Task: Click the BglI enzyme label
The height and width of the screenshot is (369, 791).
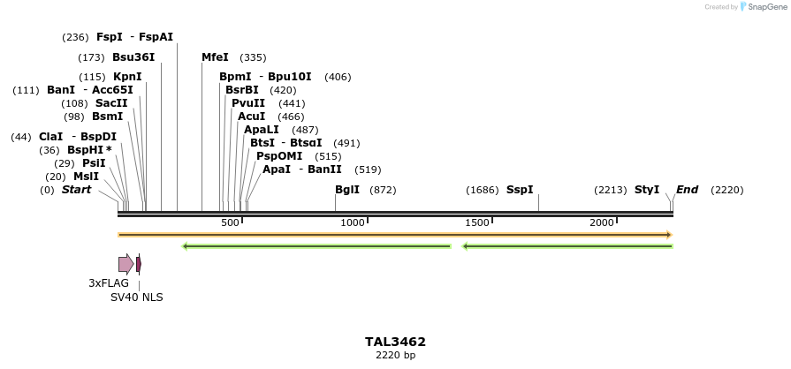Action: (347, 190)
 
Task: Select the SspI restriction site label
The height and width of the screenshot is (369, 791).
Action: (520, 190)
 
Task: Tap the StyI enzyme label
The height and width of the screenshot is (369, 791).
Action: (647, 190)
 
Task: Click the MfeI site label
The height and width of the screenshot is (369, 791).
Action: (215, 57)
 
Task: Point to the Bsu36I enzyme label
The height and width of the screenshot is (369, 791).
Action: (133, 57)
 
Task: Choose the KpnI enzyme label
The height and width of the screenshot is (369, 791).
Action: (127, 77)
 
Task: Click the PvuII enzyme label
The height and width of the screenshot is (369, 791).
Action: (248, 103)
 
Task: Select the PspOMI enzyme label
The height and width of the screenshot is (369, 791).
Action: (279, 156)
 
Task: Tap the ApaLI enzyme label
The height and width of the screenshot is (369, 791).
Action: (262, 130)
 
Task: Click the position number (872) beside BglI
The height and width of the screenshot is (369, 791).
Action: (383, 190)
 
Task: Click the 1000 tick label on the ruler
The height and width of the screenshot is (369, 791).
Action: (353, 223)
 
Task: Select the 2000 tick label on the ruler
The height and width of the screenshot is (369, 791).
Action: (602, 223)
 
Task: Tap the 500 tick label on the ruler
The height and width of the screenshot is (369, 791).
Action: (230, 223)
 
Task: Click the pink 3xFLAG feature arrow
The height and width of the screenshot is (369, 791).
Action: (125, 264)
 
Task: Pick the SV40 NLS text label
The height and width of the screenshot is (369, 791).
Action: (136, 297)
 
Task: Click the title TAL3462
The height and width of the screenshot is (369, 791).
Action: (395, 342)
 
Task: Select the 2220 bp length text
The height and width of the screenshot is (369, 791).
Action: (395, 356)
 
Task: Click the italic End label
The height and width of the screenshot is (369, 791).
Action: (687, 190)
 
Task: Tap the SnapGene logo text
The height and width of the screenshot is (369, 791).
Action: (765, 7)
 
